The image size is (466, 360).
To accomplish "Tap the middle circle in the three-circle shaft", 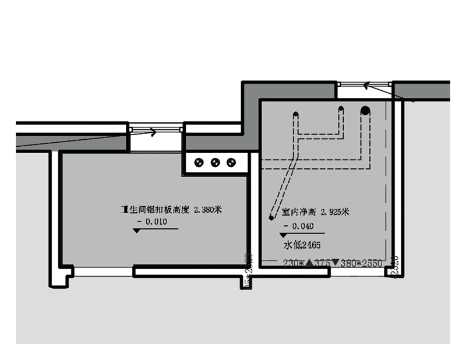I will point(216,161).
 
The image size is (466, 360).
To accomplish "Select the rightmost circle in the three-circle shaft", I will point(231,161).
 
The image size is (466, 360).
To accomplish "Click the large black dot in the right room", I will point(365,110).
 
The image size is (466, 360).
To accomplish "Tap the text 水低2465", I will point(303,245).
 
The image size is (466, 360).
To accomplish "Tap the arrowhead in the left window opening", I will point(154,132).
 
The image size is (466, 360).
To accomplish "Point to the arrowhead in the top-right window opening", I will point(366,86).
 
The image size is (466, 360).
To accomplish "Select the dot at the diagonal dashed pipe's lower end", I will point(271,217).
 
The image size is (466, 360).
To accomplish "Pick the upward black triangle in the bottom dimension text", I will point(310,263).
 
